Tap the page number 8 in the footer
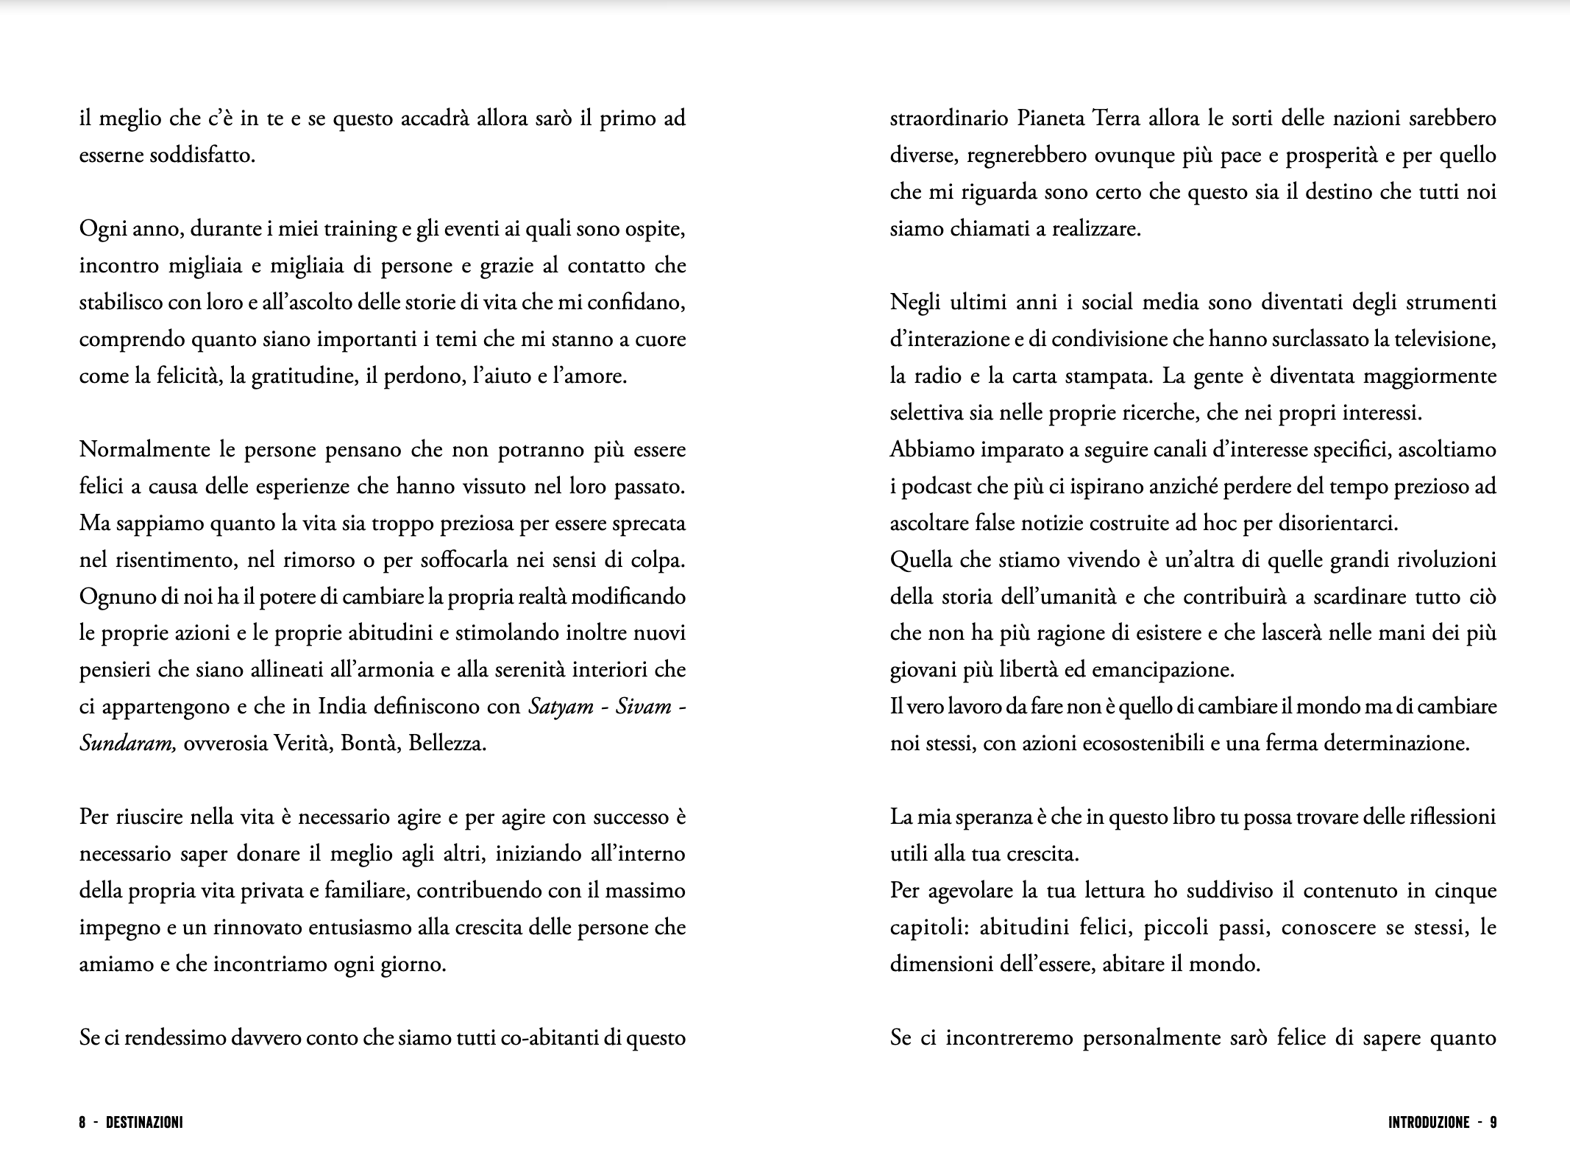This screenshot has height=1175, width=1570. point(83,1123)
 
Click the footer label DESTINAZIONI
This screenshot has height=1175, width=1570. point(144,1123)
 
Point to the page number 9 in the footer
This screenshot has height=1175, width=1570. point(1493,1123)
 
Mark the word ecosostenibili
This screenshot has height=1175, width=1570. point(1141,744)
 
